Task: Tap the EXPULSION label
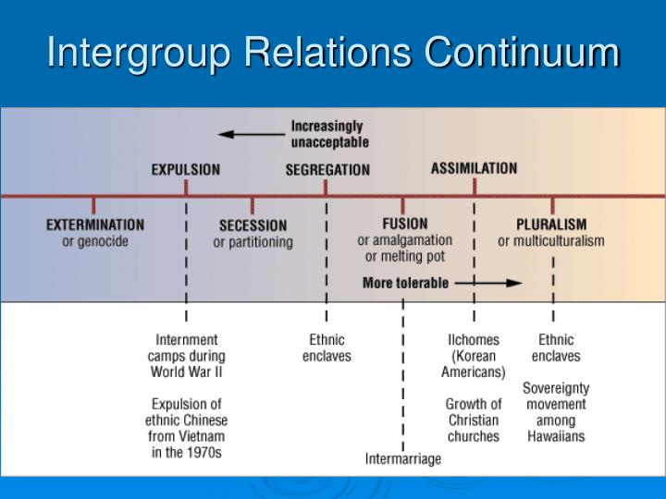[186, 170]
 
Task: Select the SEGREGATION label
[327, 170]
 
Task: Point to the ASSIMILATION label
[474, 169]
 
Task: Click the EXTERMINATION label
[95, 225]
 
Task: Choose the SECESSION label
[253, 225]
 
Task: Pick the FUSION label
[405, 224]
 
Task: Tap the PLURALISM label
[551, 224]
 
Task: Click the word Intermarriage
[403, 458]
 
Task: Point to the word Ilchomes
[473, 340]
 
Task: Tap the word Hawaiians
[555, 436]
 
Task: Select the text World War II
[186, 372]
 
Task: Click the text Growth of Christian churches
[474, 420]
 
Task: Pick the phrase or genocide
[95, 241]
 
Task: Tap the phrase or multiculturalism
[551, 241]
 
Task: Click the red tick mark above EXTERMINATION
[93, 204]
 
